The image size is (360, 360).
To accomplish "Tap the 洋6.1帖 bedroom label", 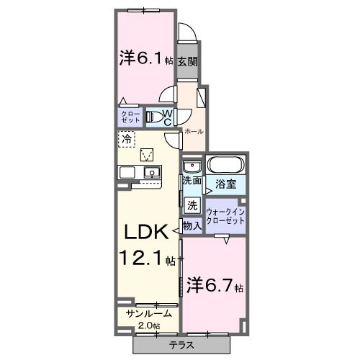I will coord(145,59).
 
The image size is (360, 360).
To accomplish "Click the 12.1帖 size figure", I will coord(148,258).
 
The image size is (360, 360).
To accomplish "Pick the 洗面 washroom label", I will coord(191,181).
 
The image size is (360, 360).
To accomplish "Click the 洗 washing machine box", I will coord(192,205).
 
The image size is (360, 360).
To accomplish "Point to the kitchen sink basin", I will coord(152,172).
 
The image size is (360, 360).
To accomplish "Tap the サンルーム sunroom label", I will coord(147,315).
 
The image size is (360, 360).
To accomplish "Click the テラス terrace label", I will coord(202,345).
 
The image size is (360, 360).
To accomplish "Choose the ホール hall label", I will coord(193,132).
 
